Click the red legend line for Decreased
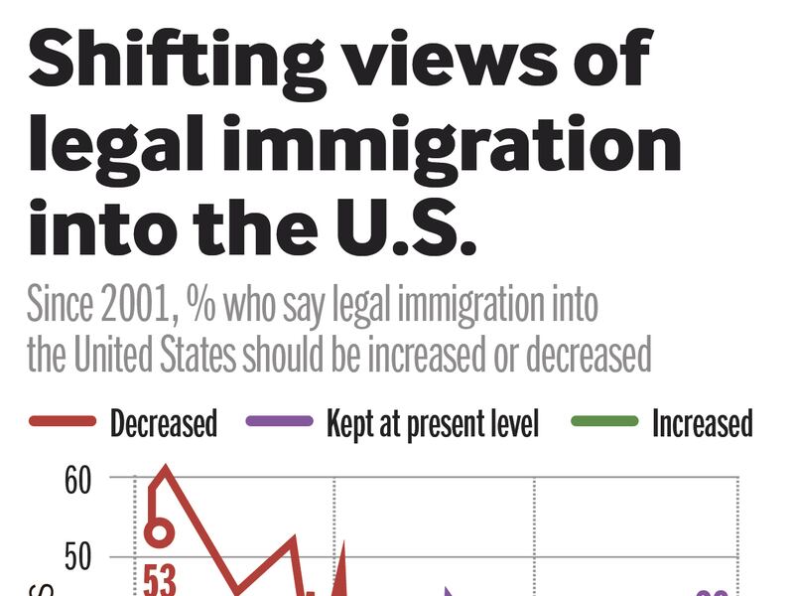(x=63, y=422)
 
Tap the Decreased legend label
(x=163, y=423)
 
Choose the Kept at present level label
(x=433, y=423)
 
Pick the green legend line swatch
(x=604, y=422)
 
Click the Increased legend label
(x=702, y=423)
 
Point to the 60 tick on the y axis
(x=77, y=481)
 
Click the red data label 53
(x=159, y=579)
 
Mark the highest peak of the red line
(x=163, y=466)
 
